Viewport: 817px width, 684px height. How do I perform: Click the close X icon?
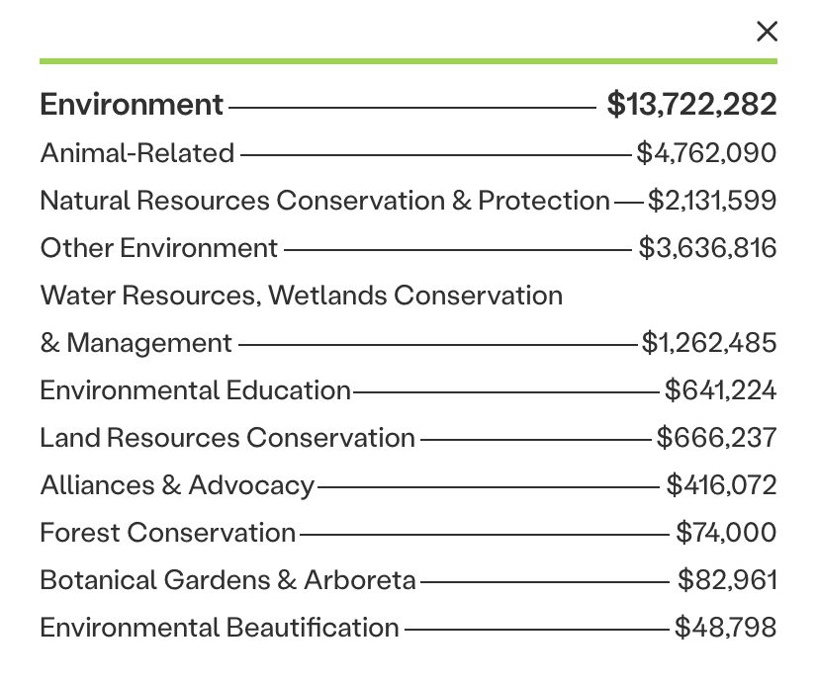pyautogui.click(x=767, y=32)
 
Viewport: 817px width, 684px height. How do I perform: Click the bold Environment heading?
pyautogui.click(x=133, y=105)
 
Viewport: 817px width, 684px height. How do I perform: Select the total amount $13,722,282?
pyautogui.click(x=691, y=105)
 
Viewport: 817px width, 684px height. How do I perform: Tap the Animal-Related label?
pyautogui.click(x=137, y=153)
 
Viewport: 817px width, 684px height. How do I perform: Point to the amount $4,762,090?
pyautogui.click(x=706, y=153)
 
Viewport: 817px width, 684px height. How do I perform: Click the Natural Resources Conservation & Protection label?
pyautogui.click(x=324, y=201)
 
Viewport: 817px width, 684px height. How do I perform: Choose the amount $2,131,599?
pyautogui.click(x=712, y=201)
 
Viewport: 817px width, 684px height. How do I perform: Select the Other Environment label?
pyautogui.click(x=159, y=248)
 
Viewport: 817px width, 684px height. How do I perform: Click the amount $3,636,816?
pyautogui.click(x=707, y=248)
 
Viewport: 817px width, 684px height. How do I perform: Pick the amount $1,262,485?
pyautogui.click(x=709, y=343)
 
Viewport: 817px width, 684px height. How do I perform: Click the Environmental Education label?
pyautogui.click(x=196, y=390)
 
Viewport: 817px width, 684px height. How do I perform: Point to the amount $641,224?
pyautogui.click(x=720, y=390)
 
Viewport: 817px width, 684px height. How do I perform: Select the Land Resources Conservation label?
pyautogui.click(x=227, y=438)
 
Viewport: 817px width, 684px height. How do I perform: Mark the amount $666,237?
pyautogui.click(x=717, y=438)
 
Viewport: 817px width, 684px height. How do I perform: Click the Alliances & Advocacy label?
pyautogui.click(x=177, y=485)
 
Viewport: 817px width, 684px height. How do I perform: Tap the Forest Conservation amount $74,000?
pyautogui.click(x=726, y=533)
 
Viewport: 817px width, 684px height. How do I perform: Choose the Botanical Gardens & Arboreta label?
pyautogui.click(x=227, y=580)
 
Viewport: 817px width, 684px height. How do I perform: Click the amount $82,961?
pyautogui.click(x=727, y=580)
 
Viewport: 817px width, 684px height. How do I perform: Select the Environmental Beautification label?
pyautogui.click(x=220, y=628)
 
